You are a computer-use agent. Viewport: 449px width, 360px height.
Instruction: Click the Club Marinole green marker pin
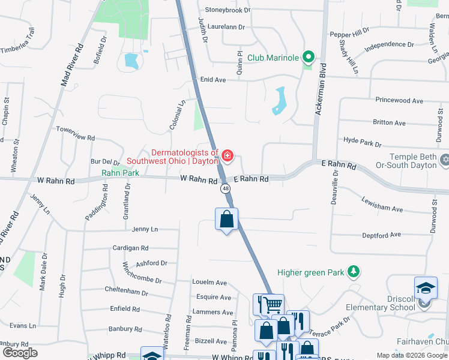tap(308, 58)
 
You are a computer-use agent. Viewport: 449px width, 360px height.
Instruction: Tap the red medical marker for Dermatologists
tap(227, 157)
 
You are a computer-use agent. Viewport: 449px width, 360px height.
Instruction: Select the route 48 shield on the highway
tap(225, 188)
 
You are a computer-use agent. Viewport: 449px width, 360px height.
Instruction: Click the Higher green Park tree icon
tap(354, 272)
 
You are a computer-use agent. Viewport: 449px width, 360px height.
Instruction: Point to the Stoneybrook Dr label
tap(228, 10)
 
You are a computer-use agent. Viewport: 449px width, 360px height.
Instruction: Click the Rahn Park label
tap(120, 173)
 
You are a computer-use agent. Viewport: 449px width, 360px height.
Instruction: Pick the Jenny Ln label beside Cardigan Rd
tap(145, 229)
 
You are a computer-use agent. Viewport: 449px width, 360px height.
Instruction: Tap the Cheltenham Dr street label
tap(126, 291)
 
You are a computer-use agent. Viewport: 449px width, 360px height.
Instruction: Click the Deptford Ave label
tap(381, 235)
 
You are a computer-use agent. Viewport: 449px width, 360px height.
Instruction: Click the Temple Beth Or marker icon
tap(444, 161)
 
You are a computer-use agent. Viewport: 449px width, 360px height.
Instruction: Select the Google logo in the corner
tap(19, 352)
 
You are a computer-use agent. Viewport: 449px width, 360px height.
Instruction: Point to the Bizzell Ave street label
tap(211, 340)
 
